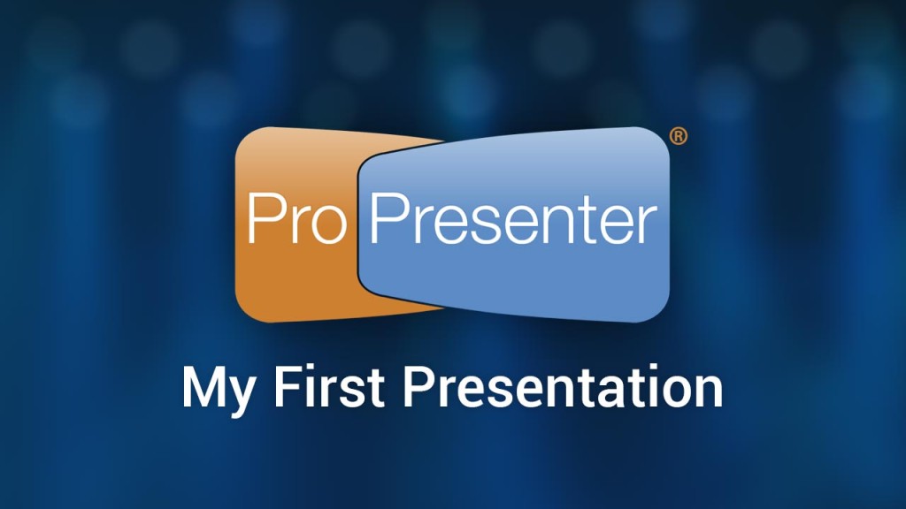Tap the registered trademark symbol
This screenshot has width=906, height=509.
point(679,136)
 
